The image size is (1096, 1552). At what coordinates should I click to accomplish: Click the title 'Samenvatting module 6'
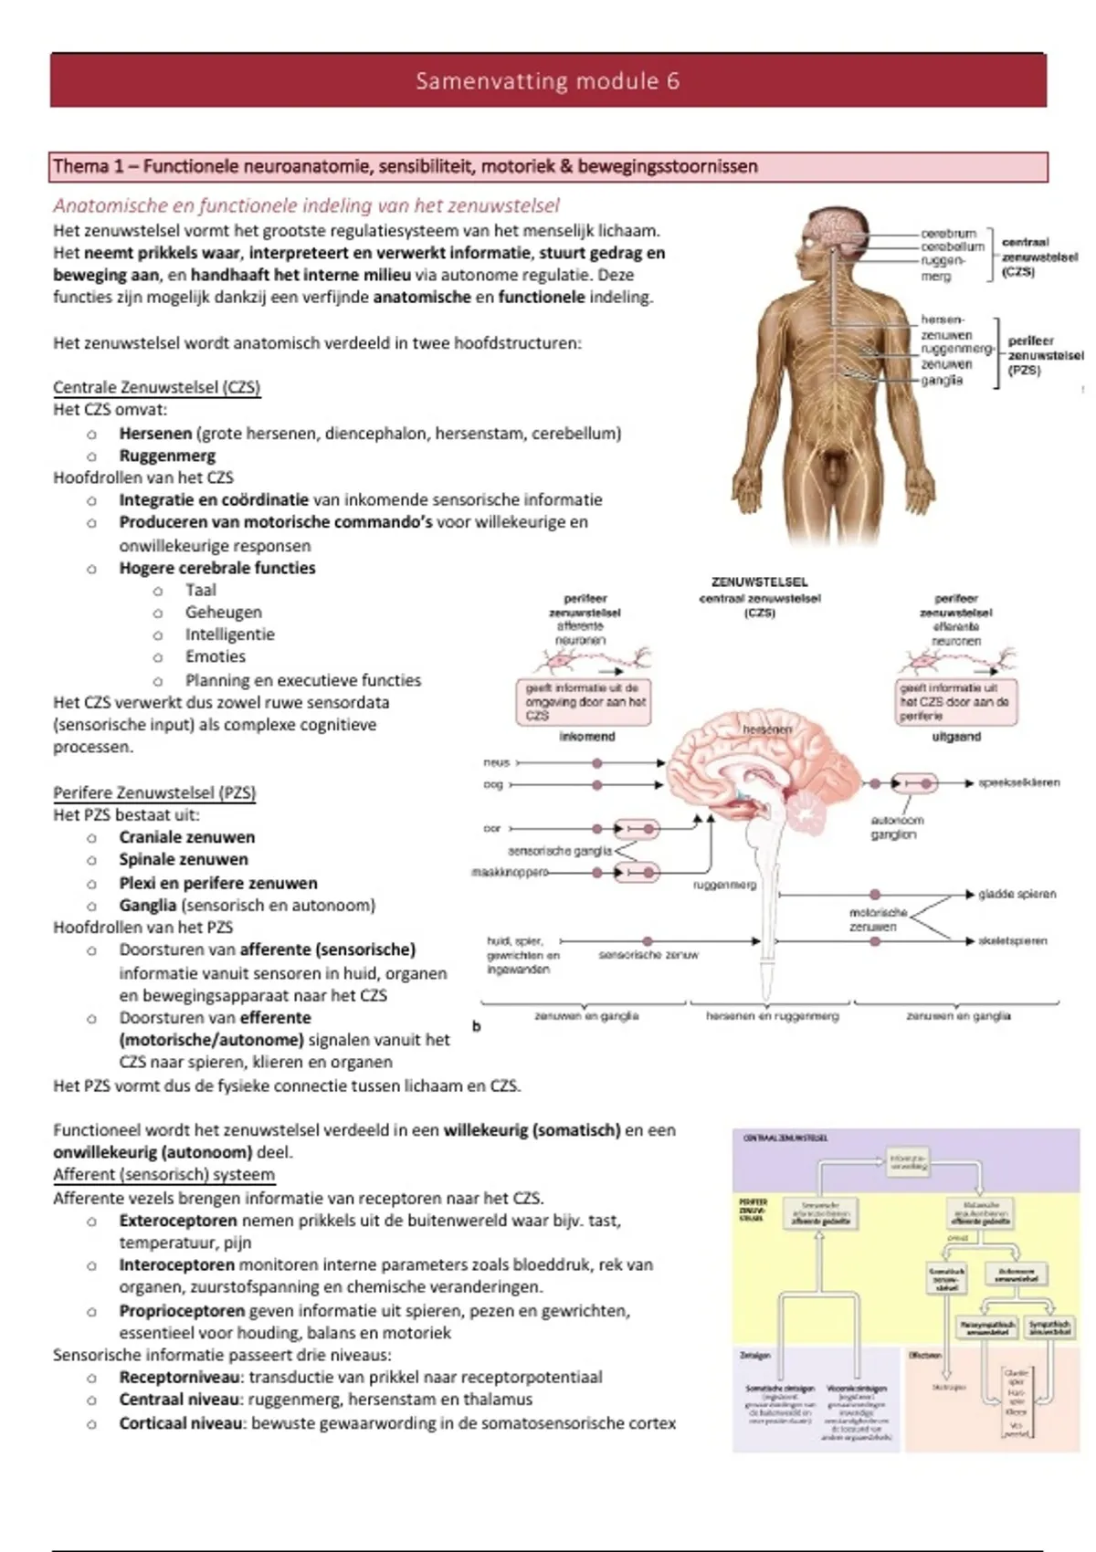point(547,81)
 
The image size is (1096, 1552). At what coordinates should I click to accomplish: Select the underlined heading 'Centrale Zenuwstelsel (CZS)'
point(156,387)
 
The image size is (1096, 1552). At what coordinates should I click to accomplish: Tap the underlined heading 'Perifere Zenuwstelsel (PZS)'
point(154,792)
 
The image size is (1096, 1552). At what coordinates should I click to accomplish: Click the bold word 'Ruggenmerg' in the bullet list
point(167,456)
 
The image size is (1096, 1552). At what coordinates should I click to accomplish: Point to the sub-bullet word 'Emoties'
point(215,656)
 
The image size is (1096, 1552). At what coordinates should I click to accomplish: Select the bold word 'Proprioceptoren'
point(182,1310)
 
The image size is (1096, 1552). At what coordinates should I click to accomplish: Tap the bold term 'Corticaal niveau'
point(181,1422)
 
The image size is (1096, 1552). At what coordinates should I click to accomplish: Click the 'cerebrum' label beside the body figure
point(948,234)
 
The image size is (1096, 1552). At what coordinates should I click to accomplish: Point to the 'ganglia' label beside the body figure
point(942,380)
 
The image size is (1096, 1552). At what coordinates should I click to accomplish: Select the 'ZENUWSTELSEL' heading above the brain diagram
point(759,582)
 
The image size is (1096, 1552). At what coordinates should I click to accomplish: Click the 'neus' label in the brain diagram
point(496,762)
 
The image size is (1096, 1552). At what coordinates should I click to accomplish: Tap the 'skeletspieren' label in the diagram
point(1012,940)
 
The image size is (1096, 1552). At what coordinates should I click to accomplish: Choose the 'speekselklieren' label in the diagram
point(1018,782)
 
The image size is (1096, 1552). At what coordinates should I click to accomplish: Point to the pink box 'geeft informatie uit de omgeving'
point(585,702)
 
